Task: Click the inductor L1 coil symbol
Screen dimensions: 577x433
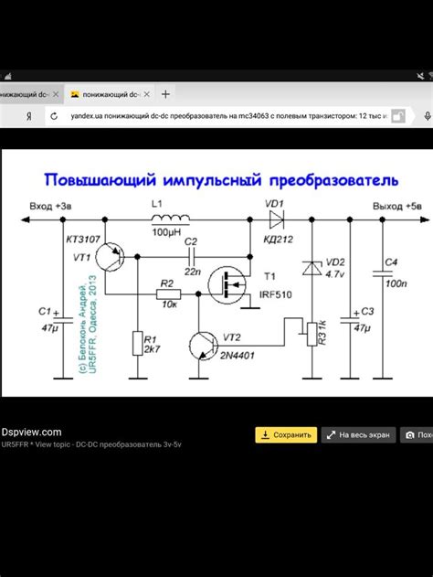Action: click(170, 219)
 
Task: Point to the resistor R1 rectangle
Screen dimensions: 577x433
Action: click(136, 345)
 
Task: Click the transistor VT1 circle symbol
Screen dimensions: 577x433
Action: click(114, 257)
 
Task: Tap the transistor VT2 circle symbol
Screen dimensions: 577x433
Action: click(203, 345)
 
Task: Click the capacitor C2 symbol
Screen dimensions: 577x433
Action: click(191, 258)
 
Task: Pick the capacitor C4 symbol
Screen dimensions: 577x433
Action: click(379, 272)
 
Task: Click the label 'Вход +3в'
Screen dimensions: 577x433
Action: click(48, 207)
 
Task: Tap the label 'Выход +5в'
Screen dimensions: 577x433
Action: click(396, 207)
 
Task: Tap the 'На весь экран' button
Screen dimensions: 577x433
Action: click(360, 435)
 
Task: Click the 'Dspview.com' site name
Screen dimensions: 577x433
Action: click(31, 432)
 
